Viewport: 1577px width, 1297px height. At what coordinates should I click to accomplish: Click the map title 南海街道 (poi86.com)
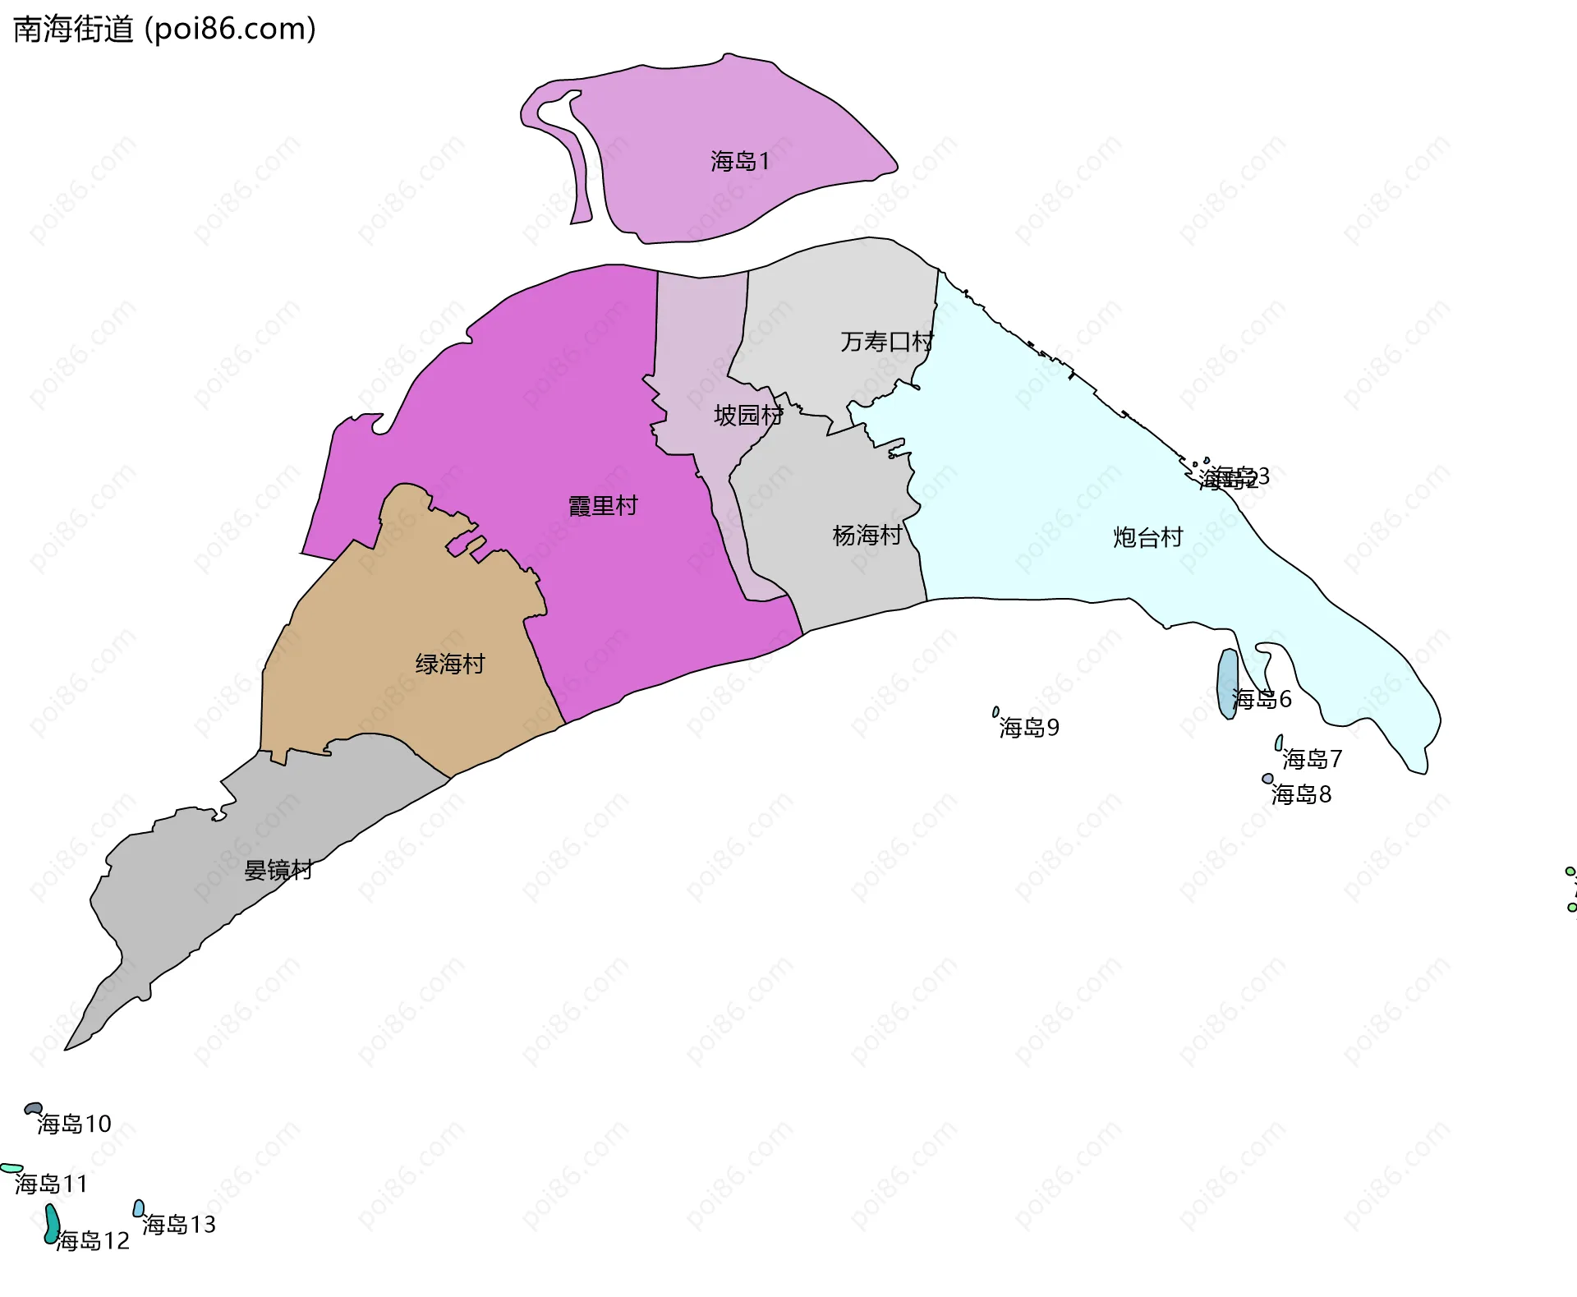click(164, 30)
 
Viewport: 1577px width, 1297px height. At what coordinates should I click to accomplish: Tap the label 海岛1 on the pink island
click(740, 161)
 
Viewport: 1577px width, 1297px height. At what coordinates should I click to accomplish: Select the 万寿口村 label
click(886, 342)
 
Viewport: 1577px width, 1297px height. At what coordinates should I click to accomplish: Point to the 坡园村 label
click(747, 416)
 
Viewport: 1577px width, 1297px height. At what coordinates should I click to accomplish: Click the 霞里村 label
click(603, 506)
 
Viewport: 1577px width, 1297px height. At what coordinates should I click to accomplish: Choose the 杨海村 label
click(867, 536)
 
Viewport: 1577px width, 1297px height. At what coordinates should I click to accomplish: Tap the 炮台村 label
click(1147, 537)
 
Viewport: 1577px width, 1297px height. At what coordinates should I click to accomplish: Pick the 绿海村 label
click(450, 664)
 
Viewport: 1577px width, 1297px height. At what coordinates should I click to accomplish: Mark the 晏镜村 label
click(278, 870)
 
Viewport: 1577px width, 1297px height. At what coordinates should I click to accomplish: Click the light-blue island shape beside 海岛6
click(1226, 683)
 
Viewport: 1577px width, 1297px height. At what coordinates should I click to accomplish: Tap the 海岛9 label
click(1029, 728)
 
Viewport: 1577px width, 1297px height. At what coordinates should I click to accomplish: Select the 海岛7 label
click(1312, 759)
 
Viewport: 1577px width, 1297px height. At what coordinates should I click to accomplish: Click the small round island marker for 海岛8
click(1268, 779)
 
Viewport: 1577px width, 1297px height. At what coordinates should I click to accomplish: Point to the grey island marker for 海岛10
click(33, 1109)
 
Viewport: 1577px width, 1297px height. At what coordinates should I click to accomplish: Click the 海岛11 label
click(51, 1184)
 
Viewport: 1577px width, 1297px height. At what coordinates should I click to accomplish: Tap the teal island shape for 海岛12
click(52, 1224)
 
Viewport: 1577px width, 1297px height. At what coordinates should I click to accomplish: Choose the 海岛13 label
click(178, 1225)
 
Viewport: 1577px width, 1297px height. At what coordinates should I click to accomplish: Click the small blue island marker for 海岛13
click(139, 1208)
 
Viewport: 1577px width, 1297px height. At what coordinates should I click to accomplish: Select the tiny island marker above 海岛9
click(995, 712)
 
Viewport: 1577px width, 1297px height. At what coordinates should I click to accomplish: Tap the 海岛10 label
click(74, 1124)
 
